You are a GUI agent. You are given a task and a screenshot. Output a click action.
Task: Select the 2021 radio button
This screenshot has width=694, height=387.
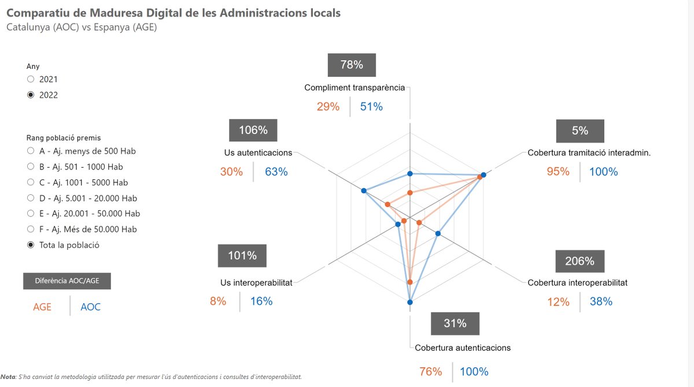31,79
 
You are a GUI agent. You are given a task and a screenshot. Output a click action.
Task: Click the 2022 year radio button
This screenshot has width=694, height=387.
31,95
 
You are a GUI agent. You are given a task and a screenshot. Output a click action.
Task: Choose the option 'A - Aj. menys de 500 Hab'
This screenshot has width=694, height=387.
31,151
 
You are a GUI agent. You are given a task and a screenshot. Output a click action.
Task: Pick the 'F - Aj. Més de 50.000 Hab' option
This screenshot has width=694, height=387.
31,229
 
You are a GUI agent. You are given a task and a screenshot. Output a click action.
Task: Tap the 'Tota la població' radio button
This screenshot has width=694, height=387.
31,245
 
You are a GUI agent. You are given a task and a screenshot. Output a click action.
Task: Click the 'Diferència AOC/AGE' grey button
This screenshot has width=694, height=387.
67,281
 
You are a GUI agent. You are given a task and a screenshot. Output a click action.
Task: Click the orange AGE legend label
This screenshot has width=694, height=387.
42,307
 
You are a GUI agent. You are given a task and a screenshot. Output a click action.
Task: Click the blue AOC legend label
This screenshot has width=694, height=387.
90,307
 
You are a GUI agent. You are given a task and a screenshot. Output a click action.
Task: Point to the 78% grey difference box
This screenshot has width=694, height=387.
352,65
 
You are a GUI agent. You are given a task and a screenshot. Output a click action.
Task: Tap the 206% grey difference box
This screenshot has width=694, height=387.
579,261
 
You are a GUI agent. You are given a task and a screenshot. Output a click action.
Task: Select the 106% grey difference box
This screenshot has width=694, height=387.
253,130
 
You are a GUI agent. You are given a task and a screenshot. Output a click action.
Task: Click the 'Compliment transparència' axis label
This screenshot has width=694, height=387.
355,87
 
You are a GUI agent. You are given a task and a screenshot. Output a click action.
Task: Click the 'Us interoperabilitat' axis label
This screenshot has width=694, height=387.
256,282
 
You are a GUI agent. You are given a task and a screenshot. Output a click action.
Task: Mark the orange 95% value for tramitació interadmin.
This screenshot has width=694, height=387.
558,172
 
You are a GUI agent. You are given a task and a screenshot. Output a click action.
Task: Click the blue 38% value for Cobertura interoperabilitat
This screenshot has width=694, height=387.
601,301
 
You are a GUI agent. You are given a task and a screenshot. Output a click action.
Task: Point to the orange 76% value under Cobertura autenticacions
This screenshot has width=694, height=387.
430,371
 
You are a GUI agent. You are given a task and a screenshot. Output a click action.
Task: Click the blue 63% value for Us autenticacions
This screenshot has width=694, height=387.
276,172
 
